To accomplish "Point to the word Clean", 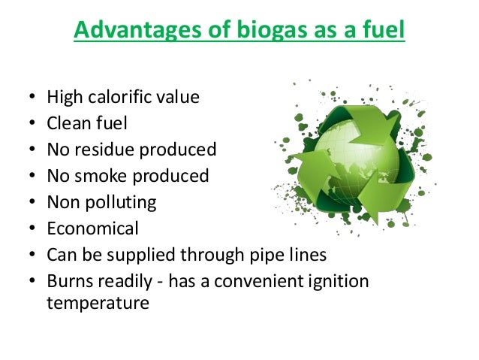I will click(68, 123).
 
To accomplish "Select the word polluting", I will click(119, 202).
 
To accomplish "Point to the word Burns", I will click(69, 281).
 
